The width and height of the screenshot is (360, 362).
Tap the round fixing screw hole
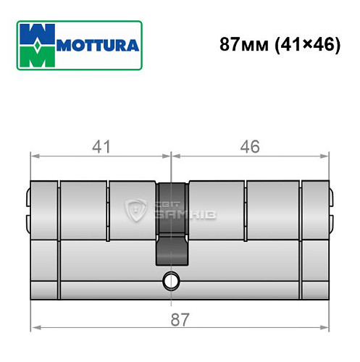pyautogui.click(x=172, y=279)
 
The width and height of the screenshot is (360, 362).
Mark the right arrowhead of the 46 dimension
pyautogui.click(x=326, y=155)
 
